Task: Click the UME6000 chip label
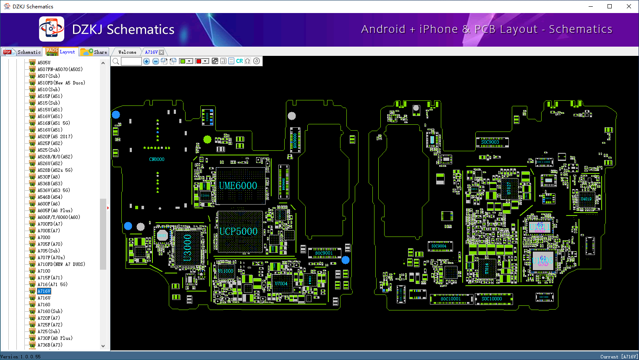pos(238,186)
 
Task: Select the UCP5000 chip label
pos(238,231)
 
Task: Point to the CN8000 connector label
pos(157,160)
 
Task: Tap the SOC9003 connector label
pos(490,142)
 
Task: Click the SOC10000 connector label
pos(492,299)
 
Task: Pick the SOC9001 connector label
pos(324,253)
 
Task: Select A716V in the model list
pos(44,291)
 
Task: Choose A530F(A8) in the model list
pos(49,177)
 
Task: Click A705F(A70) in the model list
pos(50,244)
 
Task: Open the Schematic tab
pos(23,52)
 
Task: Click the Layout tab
pos(62,52)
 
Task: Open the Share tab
pos(95,52)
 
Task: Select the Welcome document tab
pos(127,52)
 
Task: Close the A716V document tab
pos(161,52)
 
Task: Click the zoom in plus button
pos(147,61)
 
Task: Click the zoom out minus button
pos(155,61)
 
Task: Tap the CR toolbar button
pos(239,61)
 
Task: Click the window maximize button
pos(610,6)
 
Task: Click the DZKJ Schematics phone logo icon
pos(52,29)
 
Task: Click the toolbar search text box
pos(131,61)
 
